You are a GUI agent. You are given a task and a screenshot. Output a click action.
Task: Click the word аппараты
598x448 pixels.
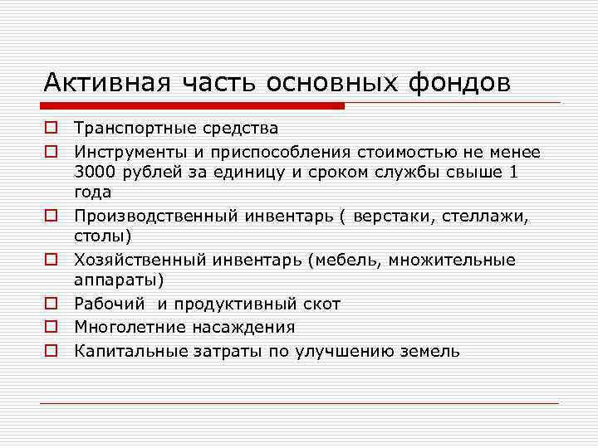point(117,281)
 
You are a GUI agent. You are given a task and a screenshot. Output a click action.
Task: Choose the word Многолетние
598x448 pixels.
point(126,328)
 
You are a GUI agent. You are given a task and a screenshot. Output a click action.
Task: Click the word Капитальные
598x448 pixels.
point(124,351)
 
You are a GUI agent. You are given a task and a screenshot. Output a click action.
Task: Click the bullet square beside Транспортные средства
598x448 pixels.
point(51,129)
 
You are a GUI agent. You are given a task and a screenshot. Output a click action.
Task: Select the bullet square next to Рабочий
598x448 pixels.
point(51,304)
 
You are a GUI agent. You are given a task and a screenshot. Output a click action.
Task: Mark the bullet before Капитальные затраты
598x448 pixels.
point(51,351)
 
